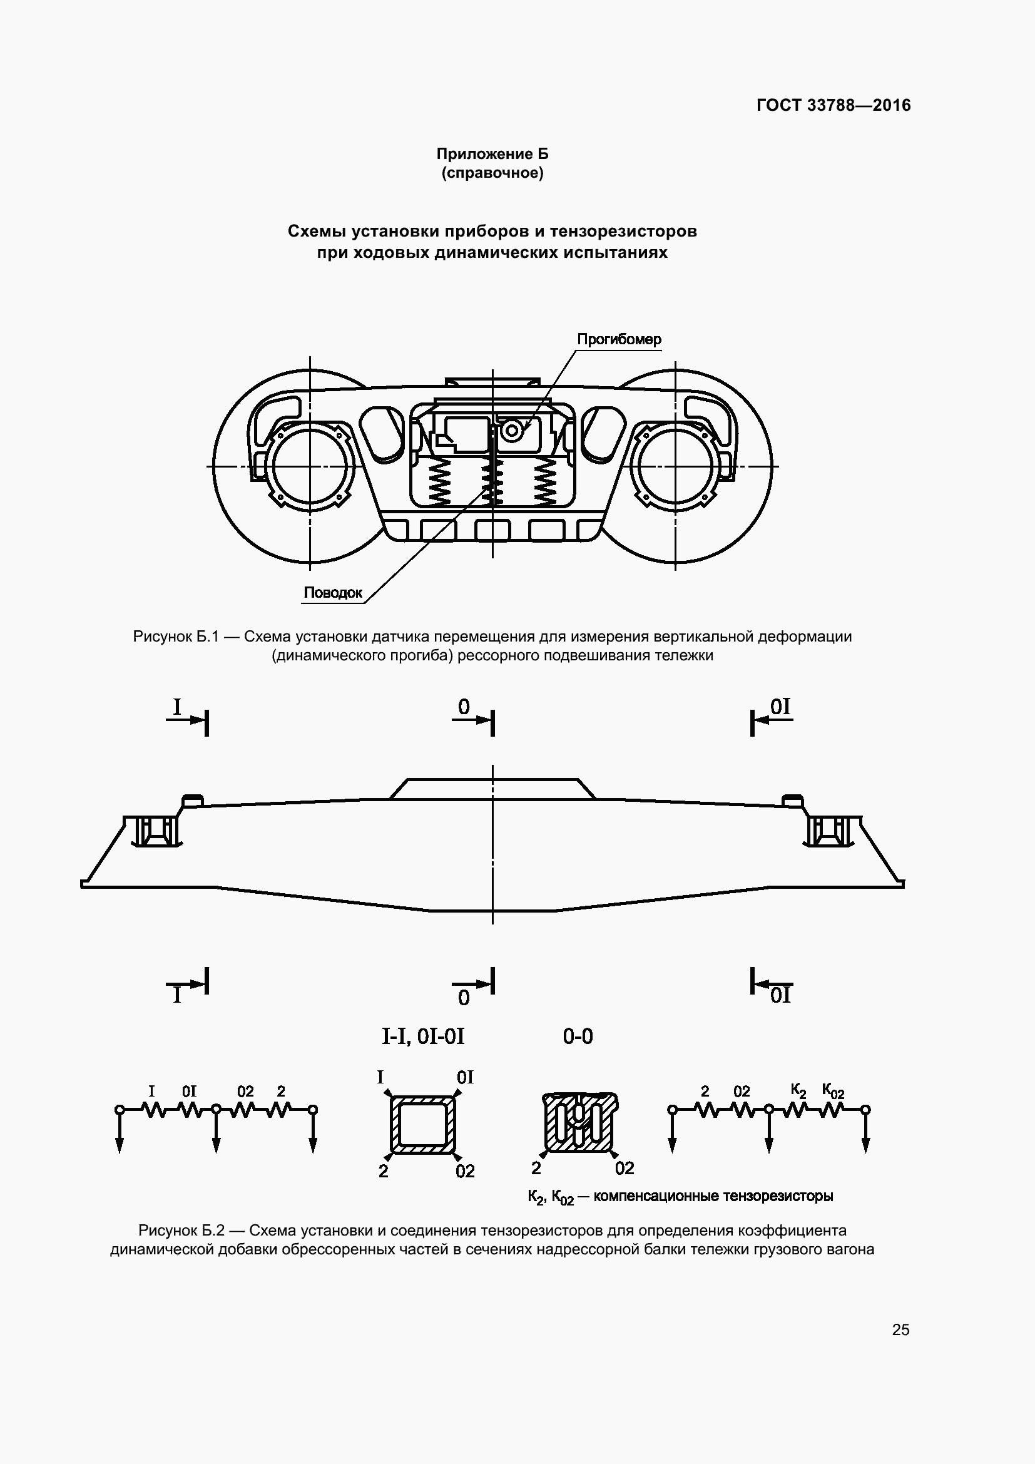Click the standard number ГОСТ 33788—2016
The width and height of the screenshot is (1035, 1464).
pos(833,105)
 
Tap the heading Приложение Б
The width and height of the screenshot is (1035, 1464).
pos(492,154)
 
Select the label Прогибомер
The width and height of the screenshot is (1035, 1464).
pos(619,339)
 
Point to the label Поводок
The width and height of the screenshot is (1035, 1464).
pos(333,592)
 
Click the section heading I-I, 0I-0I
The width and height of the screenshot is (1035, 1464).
pos(423,1037)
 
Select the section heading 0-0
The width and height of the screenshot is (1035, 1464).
pos(578,1037)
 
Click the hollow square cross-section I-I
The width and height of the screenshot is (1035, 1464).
pos(422,1125)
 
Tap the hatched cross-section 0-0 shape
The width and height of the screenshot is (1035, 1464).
pos(579,1124)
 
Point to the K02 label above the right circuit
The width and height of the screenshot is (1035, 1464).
pos(833,1091)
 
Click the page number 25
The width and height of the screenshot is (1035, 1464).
pos(900,1329)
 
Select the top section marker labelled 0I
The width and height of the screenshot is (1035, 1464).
pos(780,707)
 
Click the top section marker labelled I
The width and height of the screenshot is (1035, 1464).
pos(178,707)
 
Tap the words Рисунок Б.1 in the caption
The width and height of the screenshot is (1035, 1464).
pos(176,637)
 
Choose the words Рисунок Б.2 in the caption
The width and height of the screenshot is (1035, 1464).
pos(181,1230)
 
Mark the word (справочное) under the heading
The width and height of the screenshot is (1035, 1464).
pos(492,173)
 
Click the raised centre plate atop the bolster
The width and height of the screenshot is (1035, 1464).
pos(492,789)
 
